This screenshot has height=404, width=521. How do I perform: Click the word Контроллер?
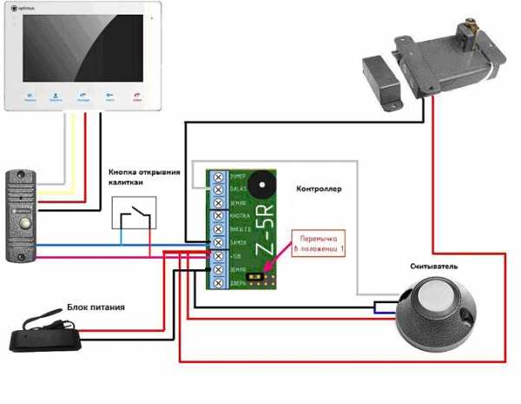tap(320, 189)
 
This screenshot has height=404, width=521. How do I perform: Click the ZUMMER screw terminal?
tap(216, 176)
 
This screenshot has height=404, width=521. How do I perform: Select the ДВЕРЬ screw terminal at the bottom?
tap(216, 283)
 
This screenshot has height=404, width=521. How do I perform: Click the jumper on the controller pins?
tap(256, 278)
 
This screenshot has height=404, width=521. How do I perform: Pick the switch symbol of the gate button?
tap(135, 215)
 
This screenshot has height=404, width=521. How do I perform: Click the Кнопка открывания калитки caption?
tap(144, 176)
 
